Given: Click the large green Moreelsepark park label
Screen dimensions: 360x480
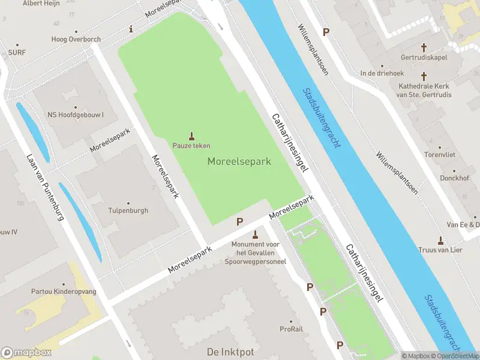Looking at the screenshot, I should (x=239, y=161).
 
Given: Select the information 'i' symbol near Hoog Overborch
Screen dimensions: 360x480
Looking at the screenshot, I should (x=131, y=29).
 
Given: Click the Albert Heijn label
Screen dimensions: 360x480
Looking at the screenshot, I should (x=41, y=4).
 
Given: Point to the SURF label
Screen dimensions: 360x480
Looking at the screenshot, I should (x=17, y=53).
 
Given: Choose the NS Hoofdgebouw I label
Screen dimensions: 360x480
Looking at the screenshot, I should (x=76, y=115).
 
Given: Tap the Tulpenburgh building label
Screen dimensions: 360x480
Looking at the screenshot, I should (x=128, y=211).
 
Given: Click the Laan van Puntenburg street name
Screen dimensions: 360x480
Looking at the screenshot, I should (x=45, y=187).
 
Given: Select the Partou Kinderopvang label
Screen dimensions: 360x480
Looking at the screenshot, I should (x=64, y=292).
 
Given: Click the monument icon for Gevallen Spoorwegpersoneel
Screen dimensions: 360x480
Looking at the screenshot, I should (x=256, y=234).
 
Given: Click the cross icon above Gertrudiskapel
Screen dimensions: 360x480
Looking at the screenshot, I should (x=424, y=47).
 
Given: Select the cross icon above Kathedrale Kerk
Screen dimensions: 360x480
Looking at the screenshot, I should (x=424, y=76).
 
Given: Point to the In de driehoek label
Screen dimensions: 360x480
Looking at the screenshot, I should (x=381, y=73).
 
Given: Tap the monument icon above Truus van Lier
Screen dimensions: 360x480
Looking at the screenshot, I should (x=441, y=240).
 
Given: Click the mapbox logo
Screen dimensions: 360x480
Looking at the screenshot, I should (x=26, y=352).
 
